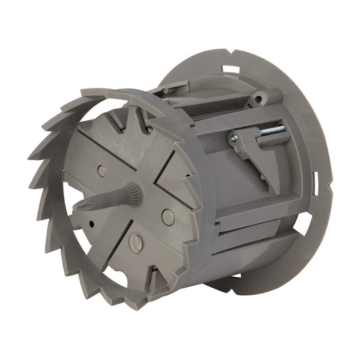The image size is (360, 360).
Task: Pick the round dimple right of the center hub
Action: [168, 217]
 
